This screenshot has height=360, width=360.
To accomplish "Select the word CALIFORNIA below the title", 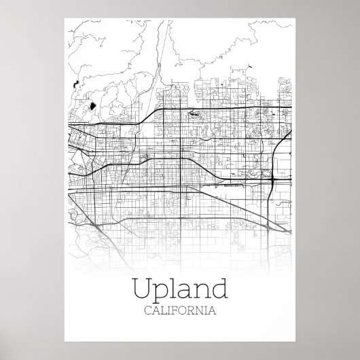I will click(180, 312).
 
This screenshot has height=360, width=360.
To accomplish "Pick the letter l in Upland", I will click(174, 289).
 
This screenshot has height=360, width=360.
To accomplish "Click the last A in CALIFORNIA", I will click(213, 312).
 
